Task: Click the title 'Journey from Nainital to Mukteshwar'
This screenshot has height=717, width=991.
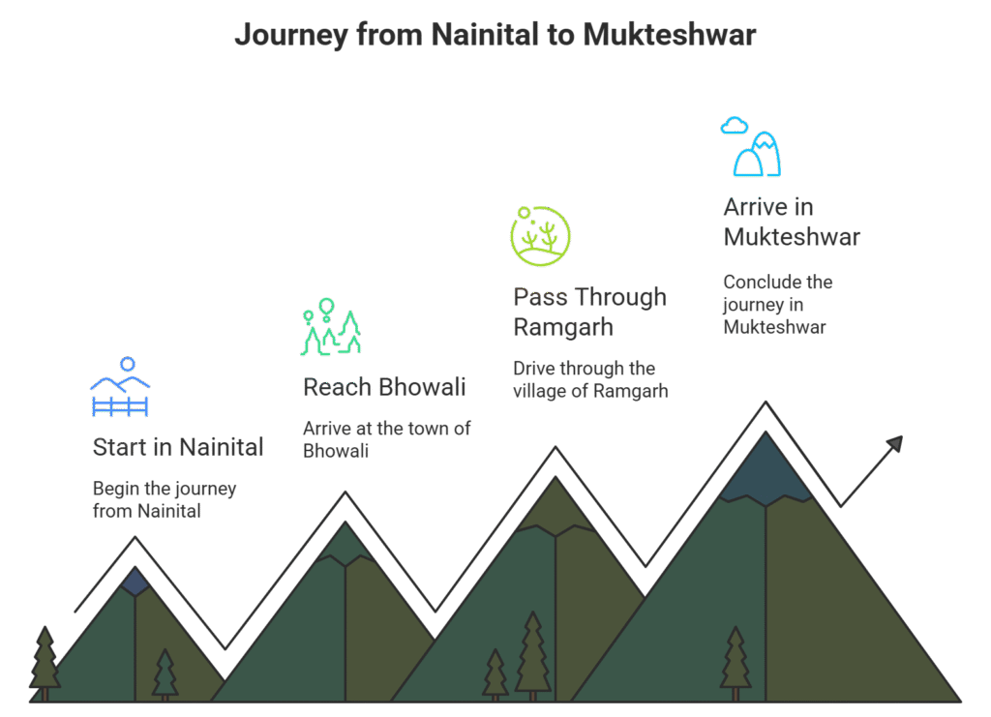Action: (495, 36)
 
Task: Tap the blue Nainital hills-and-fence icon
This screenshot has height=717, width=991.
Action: (120, 389)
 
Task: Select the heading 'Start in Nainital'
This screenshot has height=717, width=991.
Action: (178, 447)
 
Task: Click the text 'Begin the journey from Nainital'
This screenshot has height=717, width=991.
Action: (164, 499)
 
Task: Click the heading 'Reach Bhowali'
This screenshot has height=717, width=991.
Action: (384, 387)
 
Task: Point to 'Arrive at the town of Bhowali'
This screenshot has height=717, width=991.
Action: (386, 439)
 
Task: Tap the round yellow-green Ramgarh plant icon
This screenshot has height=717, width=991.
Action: (540, 235)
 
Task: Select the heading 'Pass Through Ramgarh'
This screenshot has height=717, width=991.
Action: (589, 312)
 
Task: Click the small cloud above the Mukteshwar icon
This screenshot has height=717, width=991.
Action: (735, 125)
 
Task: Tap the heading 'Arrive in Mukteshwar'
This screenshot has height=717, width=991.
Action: (791, 222)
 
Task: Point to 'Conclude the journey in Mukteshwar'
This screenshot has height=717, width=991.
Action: (777, 304)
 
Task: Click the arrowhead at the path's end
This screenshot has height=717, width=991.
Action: (894, 443)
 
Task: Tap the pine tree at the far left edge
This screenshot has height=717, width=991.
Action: (45, 662)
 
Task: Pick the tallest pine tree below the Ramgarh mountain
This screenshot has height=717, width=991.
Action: (532, 654)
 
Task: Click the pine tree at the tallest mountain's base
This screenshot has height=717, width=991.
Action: (736, 662)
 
